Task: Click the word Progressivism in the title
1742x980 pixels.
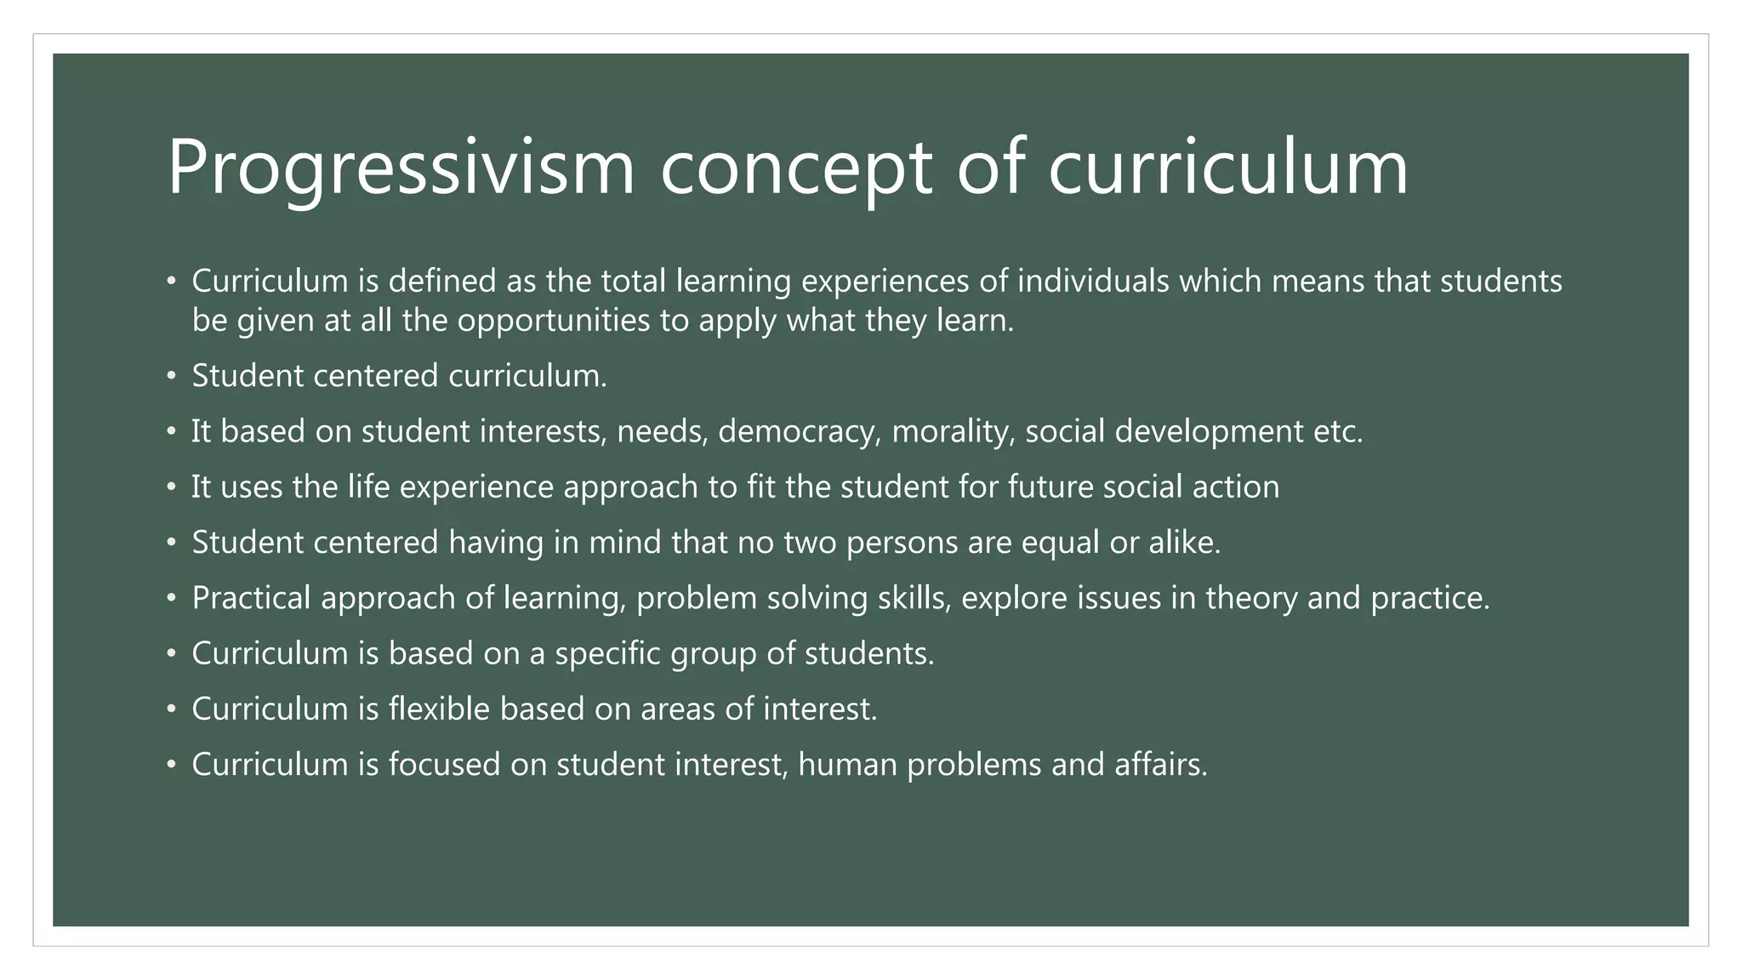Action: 401,168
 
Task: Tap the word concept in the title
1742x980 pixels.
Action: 795,168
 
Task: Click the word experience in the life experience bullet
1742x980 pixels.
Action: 476,487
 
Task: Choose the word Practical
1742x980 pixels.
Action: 251,598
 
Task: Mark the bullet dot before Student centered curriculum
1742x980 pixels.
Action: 172,375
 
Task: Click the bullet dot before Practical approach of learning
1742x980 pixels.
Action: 172,598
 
